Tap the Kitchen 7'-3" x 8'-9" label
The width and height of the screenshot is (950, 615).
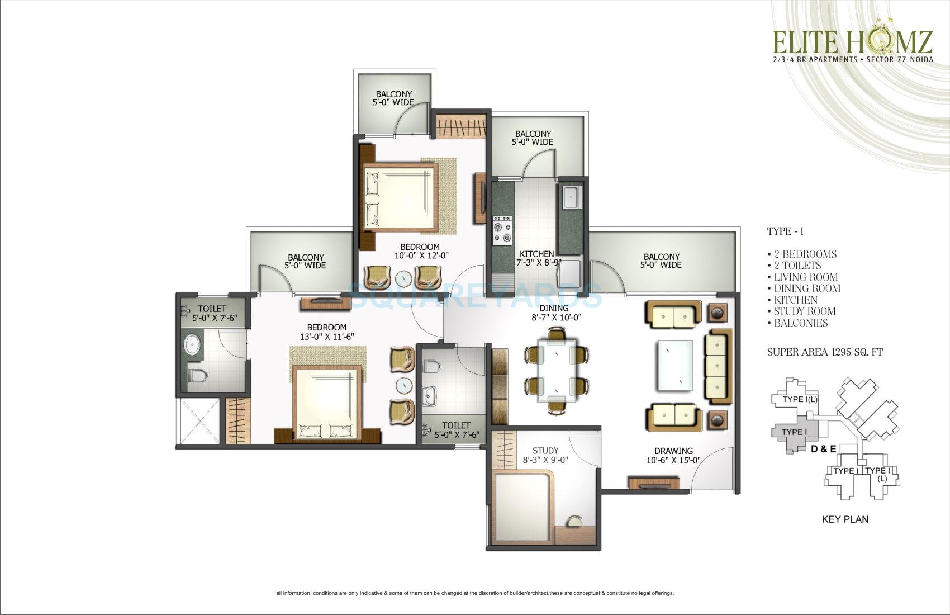pos(536,258)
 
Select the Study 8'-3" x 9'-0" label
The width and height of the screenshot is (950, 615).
pos(545,456)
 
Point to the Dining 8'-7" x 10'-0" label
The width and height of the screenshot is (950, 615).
pos(554,313)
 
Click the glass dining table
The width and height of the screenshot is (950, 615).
pos(557,371)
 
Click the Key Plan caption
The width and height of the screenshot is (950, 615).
pos(845,519)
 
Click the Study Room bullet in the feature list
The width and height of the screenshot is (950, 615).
pos(805,311)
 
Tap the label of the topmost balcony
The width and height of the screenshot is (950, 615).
pos(394,98)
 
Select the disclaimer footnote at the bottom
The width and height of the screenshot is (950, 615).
pos(475,593)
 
